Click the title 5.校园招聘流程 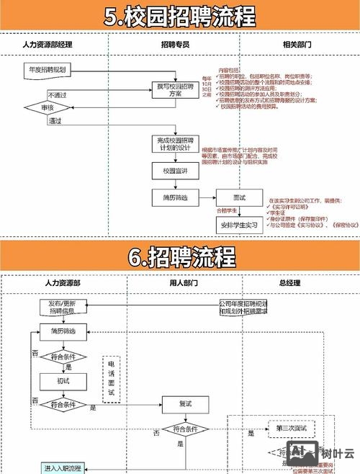coord(180,17)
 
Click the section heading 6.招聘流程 coord(180,256)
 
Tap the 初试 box coord(63,380)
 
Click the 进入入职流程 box coord(63,468)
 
